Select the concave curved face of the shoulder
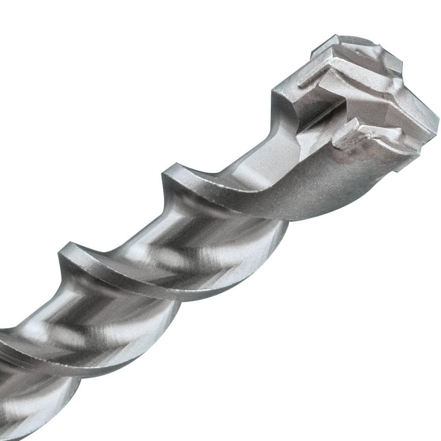282,106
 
